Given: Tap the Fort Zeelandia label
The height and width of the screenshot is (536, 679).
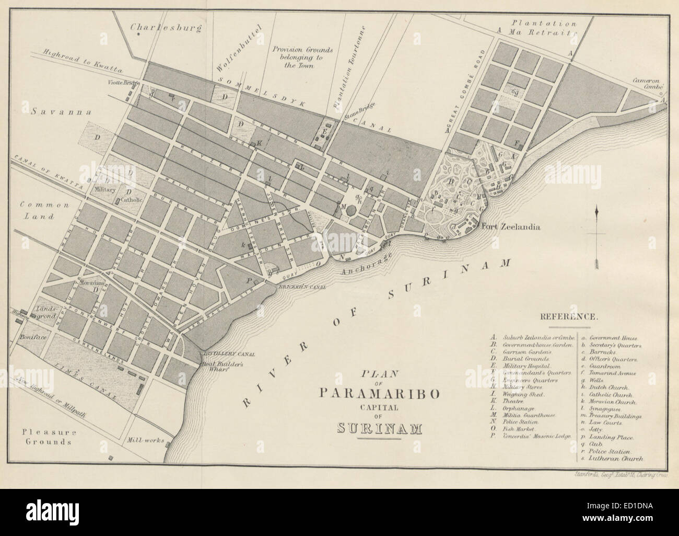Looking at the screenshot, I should (510, 227).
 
